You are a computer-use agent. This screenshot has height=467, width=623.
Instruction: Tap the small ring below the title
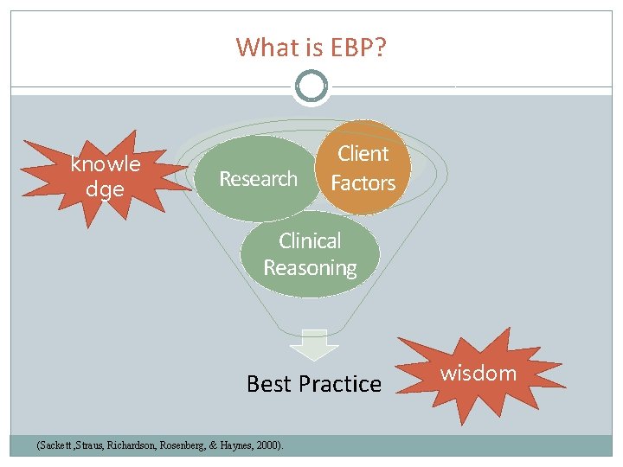[311, 86]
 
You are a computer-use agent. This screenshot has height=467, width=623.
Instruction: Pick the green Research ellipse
[258, 179]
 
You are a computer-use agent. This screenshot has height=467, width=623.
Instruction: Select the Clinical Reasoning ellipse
[310, 254]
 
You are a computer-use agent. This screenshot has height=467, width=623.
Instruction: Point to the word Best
[269, 384]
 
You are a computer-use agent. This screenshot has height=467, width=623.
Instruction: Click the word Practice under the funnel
[340, 384]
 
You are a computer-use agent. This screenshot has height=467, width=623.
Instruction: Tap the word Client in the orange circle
[363, 154]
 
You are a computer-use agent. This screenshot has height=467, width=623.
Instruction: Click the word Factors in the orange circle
[363, 183]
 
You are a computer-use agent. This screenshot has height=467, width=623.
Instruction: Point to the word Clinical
[310, 240]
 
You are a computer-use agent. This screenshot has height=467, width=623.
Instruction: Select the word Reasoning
[310, 268]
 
